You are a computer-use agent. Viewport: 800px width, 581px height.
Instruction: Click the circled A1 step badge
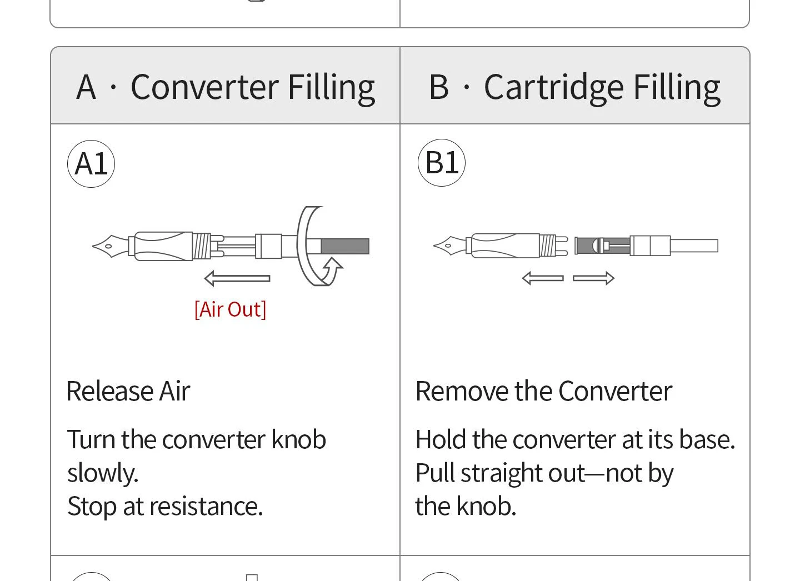[91, 164]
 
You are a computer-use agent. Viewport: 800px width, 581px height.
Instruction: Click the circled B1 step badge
[442, 163]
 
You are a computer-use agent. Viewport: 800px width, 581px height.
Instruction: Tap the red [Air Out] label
[231, 309]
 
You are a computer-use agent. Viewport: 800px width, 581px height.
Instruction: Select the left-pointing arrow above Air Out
[237, 278]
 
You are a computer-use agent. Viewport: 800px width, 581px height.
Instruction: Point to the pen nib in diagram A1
[111, 246]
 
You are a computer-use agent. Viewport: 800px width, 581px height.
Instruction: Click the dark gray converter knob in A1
[345, 247]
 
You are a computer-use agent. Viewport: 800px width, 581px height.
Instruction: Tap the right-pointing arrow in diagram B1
[593, 278]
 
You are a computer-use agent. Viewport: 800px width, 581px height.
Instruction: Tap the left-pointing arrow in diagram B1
[543, 278]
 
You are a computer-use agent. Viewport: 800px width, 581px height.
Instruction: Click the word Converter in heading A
[204, 87]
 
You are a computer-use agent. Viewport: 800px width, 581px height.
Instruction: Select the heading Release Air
[128, 392]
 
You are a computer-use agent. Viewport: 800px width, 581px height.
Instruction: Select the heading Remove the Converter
[544, 392]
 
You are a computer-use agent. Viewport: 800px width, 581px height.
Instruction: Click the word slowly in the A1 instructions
[103, 473]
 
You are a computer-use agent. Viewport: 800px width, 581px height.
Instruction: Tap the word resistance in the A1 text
[206, 507]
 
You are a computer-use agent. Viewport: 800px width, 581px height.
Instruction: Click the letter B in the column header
[438, 87]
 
